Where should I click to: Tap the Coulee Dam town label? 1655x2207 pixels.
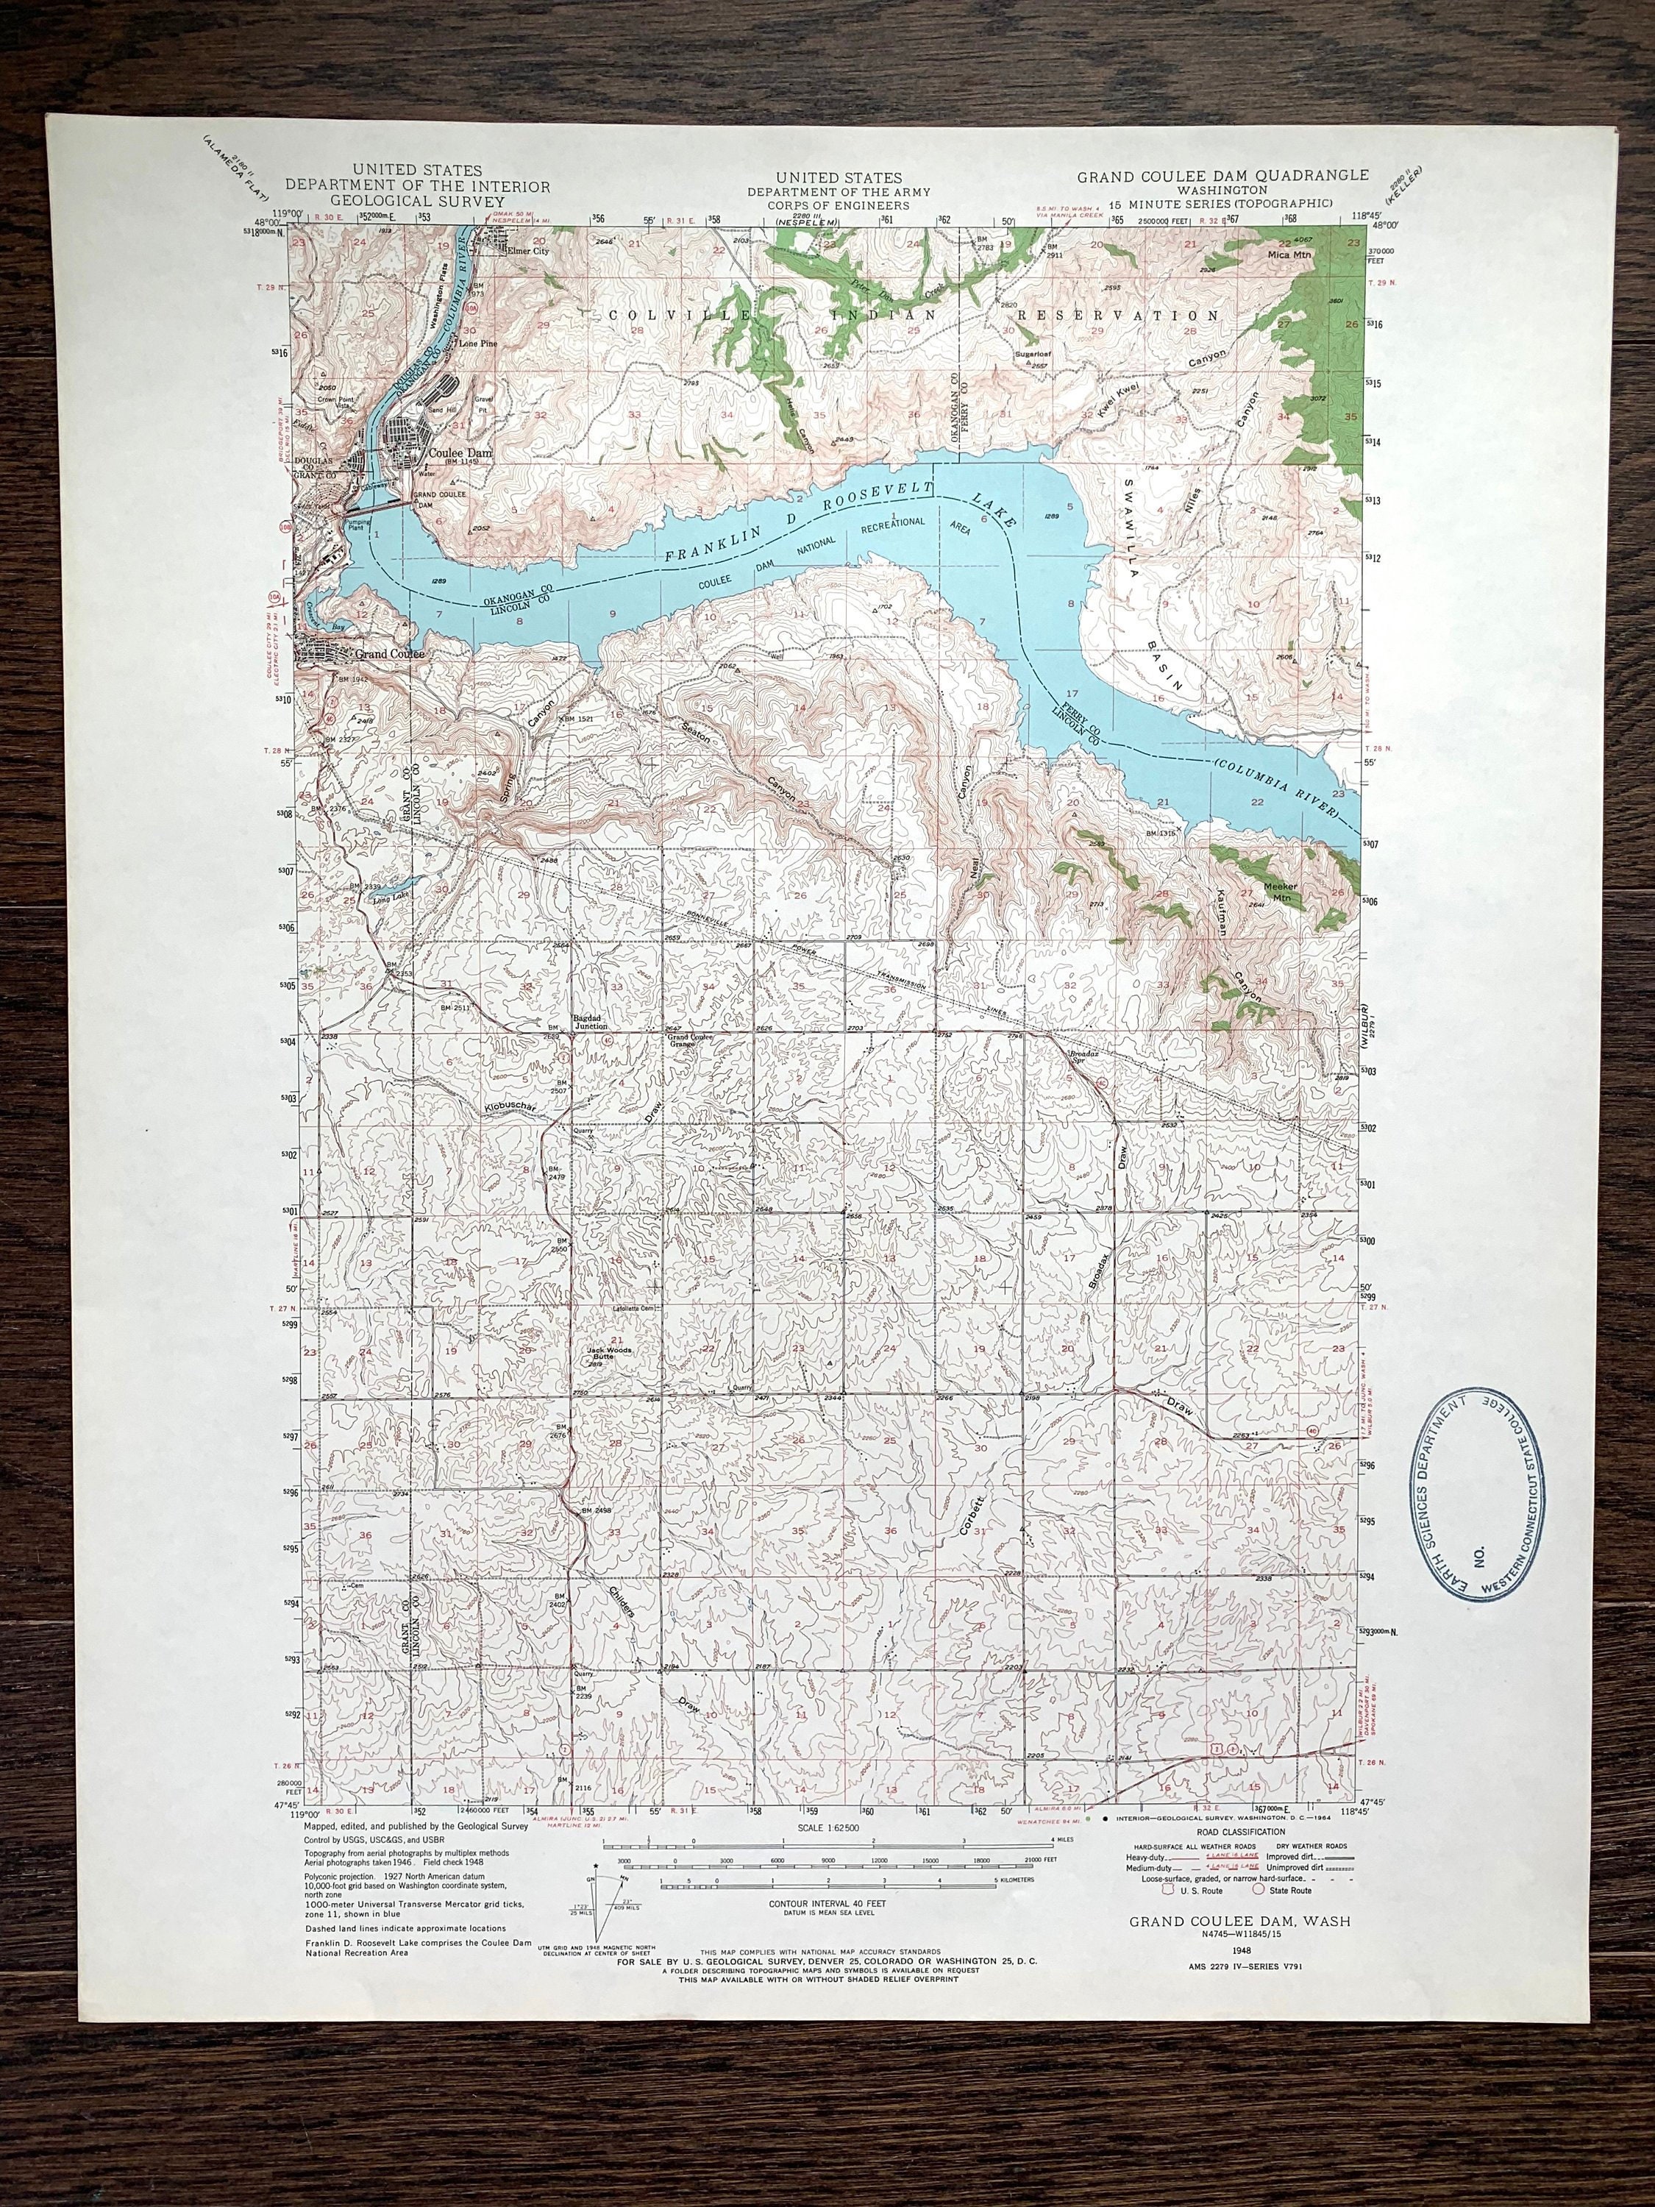click(455, 451)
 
